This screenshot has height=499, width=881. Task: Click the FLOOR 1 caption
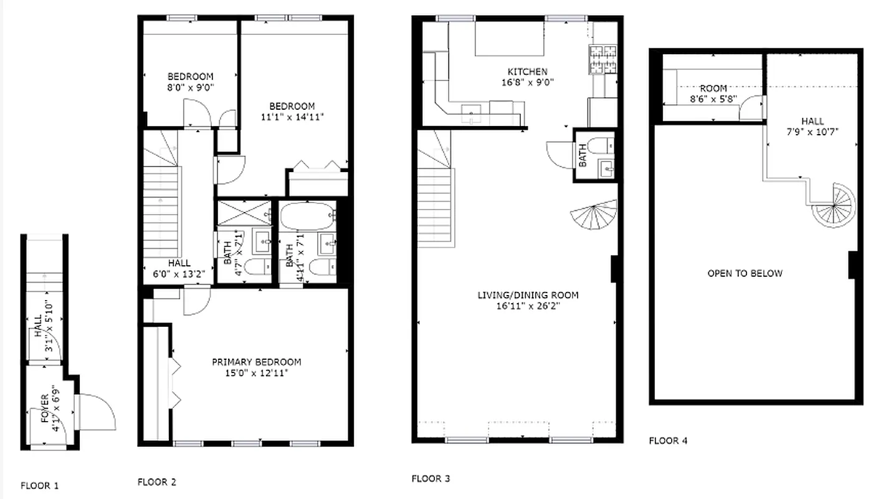pyautogui.click(x=40, y=485)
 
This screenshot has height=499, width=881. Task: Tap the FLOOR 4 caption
pyautogui.click(x=668, y=440)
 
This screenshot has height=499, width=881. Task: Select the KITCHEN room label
pyautogui.click(x=528, y=72)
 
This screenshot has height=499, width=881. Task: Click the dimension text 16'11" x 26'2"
pyautogui.click(x=528, y=306)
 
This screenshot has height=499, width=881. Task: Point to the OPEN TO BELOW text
pyautogui.click(x=745, y=273)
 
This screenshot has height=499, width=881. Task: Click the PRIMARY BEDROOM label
pyautogui.click(x=257, y=362)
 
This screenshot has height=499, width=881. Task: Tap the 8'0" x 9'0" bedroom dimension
pyautogui.click(x=191, y=88)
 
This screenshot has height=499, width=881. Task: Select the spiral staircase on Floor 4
pyautogui.click(x=834, y=206)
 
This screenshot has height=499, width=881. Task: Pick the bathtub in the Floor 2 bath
pyautogui.click(x=307, y=216)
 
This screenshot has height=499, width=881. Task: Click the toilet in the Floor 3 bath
pyautogui.click(x=599, y=146)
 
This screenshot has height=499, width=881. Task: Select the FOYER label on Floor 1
pyautogui.click(x=45, y=408)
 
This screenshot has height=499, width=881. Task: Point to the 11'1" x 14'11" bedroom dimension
pyautogui.click(x=292, y=117)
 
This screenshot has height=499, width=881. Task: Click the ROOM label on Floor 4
pyautogui.click(x=713, y=89)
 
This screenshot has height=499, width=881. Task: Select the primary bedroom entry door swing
pyautogui.click(x=196, y=300)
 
